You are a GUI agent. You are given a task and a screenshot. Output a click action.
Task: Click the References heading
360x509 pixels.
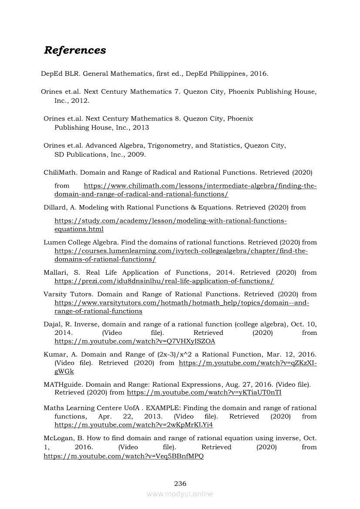pyautogui.click(x=75, y=50)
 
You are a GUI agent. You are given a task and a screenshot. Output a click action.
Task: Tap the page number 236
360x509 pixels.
pyautogui.click(x=180, y=483)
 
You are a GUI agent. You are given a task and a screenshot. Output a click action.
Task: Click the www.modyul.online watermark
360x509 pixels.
pyautogui.click(x=180, y=494)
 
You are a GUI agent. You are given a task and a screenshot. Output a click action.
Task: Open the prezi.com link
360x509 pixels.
pyautogui.click(x=164, y=281)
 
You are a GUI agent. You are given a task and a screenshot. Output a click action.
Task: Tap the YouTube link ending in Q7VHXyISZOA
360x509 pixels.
pyautogui.click(x=135, y=341)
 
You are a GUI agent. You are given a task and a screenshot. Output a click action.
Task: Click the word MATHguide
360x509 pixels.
pyautogui.click(x=62, y=384)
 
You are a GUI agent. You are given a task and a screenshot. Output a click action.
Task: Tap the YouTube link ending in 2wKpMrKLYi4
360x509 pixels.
pyautogui.click(x=134, y=425)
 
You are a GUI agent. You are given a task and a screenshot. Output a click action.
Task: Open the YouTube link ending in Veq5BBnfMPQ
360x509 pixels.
pyautogui.click(x=124, y=456)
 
